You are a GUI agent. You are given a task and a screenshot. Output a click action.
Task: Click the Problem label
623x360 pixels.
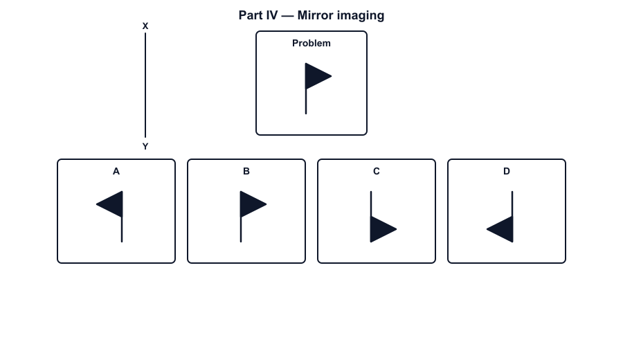311,44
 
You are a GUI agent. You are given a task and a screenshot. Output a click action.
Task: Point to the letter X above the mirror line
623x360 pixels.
145,26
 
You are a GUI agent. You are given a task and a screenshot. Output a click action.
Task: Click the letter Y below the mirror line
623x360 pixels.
145,147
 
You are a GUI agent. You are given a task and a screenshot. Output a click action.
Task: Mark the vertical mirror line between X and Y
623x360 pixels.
145,85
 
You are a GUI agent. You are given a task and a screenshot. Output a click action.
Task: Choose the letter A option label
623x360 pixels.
116,171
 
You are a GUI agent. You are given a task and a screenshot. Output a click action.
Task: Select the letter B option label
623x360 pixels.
246,171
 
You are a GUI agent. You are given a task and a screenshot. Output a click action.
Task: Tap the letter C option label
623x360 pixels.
377,171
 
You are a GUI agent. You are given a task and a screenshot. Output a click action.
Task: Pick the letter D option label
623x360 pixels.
507,171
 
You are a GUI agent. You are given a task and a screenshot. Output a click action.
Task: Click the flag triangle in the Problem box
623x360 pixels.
315,76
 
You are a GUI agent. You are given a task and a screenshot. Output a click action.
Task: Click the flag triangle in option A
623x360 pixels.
113,204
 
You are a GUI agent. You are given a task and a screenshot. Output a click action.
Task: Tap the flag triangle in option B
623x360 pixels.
249,204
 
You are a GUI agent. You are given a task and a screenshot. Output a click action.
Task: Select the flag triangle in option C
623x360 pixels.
380,229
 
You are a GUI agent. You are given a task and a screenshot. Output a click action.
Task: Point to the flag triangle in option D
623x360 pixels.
503,229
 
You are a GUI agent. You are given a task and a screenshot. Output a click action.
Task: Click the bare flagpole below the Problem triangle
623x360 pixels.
306,102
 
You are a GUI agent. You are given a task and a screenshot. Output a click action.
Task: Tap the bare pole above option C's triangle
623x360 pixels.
371,204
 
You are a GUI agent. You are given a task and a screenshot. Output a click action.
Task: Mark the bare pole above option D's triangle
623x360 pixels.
512,204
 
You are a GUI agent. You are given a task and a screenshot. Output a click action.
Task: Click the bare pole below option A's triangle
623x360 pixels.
122,230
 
